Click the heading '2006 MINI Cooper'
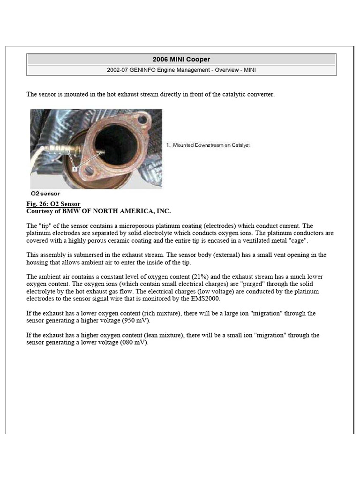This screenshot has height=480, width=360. (181, 60)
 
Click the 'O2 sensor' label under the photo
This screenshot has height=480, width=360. (45, 193)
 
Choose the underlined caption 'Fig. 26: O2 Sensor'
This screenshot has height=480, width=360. (53, 204)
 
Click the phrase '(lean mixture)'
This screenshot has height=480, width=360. (156, 335)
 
